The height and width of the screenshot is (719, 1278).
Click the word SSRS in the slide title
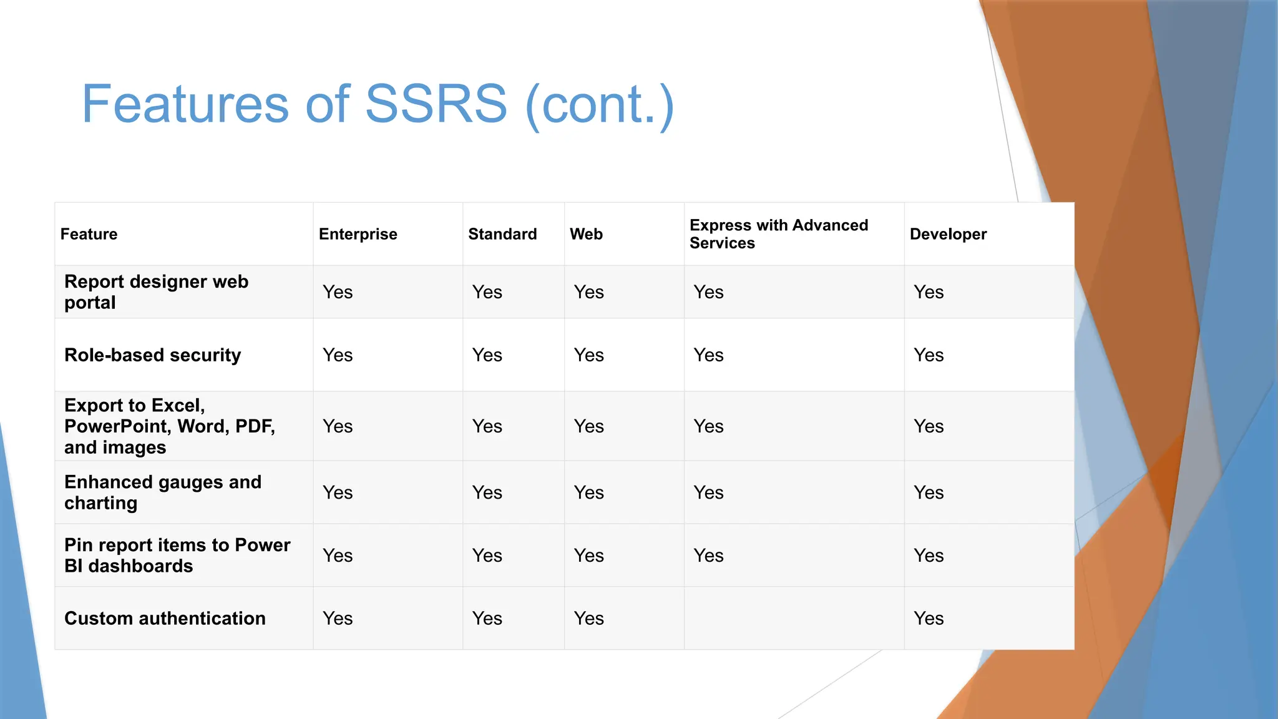436,104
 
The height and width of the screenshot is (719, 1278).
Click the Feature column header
89,234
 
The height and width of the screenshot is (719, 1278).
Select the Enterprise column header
358,234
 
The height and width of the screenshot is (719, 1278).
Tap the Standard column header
502,234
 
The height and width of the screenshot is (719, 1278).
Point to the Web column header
586,234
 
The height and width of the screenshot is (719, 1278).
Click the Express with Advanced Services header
778,234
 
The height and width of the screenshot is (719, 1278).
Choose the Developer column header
948,234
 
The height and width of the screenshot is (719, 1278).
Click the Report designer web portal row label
156,292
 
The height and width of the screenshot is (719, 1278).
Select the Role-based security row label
152,355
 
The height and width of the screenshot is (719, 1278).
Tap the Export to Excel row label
168,426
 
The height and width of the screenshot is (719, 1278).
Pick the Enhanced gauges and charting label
162,492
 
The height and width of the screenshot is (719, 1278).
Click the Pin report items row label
177,555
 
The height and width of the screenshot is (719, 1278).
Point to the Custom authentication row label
165,619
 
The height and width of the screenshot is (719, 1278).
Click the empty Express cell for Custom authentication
794,619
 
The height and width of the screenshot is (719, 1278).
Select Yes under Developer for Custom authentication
928,619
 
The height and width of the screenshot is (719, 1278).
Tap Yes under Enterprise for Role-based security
338,355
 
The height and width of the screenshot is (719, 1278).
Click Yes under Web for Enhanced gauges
588,492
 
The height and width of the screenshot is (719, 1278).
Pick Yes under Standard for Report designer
487,292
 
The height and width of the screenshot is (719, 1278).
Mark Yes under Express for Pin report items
708,555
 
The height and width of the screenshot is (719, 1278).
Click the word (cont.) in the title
600,104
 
